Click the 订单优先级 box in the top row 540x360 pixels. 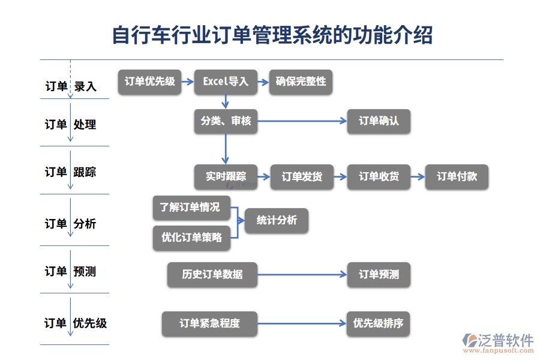coord(149,82)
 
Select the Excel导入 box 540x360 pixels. coord(225,82)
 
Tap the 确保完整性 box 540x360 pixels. coord(301,82)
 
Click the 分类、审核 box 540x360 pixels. coord(225,121)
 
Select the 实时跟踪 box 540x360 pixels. coord(225,176)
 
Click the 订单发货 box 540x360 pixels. coord(302,176)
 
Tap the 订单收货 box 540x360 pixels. coord(378,176)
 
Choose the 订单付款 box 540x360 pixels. coord(456,176)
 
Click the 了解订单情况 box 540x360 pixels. coord(191,208)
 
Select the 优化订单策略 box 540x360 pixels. coord(191,238)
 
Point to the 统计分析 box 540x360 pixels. coord(276,220)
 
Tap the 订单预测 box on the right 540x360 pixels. coord(378,275)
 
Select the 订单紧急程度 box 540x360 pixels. coord(209,324)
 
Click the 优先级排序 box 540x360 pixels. coord(378,324)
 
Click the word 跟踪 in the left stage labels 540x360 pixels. coord(85,173)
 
